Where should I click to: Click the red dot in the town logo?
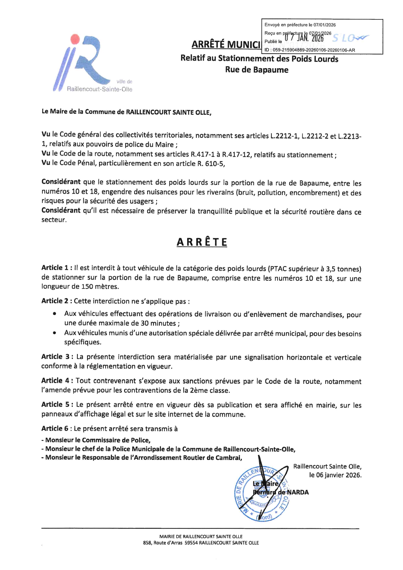click(x=75, y=39)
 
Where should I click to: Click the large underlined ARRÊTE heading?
click(x=202, y=242)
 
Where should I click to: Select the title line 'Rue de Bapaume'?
click(x=257, y=70)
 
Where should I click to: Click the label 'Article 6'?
click(x=55, y=429)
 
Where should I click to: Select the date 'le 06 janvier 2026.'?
click(x=335, y=475)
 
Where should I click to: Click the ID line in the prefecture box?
click(x=310, y=50)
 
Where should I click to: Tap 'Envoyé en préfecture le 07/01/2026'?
click(x=300, y=25)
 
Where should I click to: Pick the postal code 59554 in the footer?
click(x=191, y=543)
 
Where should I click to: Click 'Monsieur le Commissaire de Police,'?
click(x=96, y=440)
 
